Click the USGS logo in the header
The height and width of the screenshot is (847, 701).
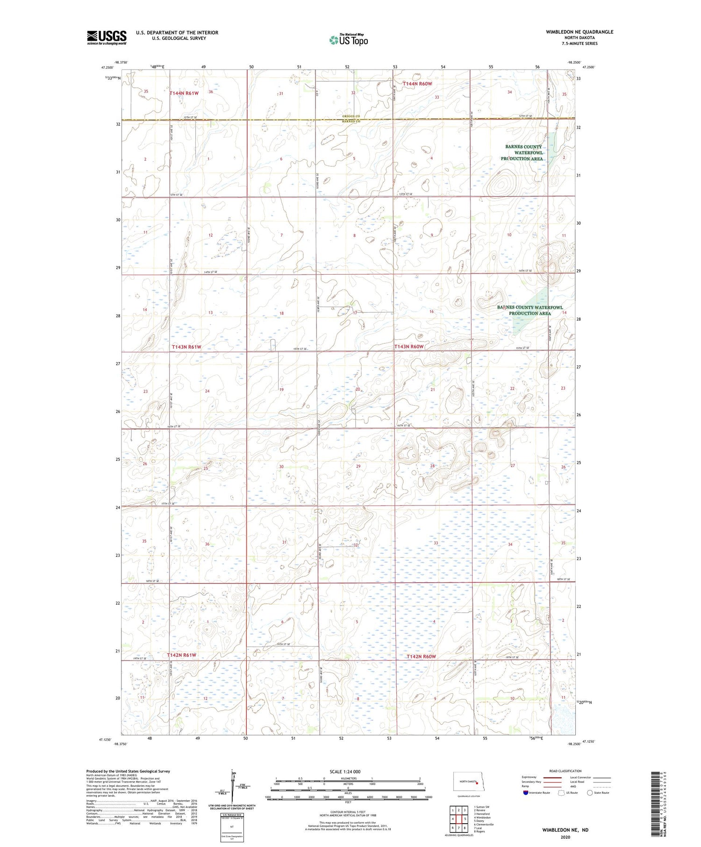(107, 37)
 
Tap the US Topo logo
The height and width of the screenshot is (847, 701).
(348, 40)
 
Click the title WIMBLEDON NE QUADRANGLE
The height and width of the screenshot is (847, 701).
(579, 32)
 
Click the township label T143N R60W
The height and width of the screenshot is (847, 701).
(409, 347)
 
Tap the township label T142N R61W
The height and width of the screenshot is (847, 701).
(181, 655)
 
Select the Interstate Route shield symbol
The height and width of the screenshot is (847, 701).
(526, 793)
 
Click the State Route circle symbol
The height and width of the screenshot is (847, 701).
(590, 793)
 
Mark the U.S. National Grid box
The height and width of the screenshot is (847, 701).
(232, 827)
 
